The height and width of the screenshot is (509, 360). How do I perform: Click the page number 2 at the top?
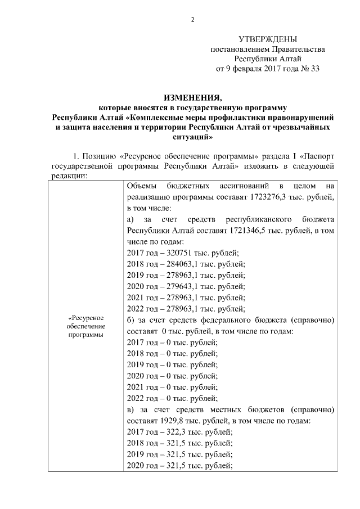pyautogui.click(x=192, y=20)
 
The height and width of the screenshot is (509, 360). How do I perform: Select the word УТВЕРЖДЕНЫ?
pyautogui.click(x=267, y=39)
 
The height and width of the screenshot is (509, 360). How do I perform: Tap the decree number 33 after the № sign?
pyautogui.click(x=314, y=69)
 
